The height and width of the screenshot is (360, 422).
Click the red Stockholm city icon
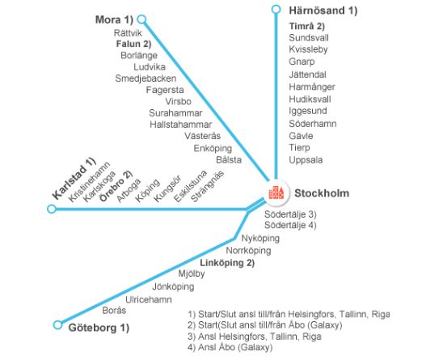point(276,193)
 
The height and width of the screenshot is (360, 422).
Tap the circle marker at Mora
point(141,19)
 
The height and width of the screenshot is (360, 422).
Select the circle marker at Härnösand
point(276,10)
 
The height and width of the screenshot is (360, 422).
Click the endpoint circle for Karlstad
point(52,209)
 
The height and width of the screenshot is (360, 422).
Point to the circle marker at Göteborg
point(57,324)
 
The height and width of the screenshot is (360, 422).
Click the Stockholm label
point(322,193)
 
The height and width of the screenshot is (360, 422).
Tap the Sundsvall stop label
point(309,38)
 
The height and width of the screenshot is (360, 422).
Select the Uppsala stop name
point(306,160)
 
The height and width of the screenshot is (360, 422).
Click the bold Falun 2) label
point(133,44)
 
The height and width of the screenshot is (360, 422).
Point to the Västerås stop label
point(203,136)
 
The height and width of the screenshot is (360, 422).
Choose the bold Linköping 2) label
point(227,263)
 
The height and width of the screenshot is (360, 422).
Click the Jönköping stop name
point(173,286)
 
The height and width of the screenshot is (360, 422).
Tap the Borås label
point(114,310)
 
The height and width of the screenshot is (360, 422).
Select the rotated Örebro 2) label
point(116,186)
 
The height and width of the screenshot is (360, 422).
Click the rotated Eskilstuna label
point(191,186)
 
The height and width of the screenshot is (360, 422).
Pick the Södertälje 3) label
point(290,214)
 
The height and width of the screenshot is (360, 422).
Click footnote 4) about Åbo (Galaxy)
point(230,347)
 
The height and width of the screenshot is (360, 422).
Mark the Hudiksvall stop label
point(310,100)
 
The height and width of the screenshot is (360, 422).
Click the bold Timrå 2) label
point(307,26)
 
